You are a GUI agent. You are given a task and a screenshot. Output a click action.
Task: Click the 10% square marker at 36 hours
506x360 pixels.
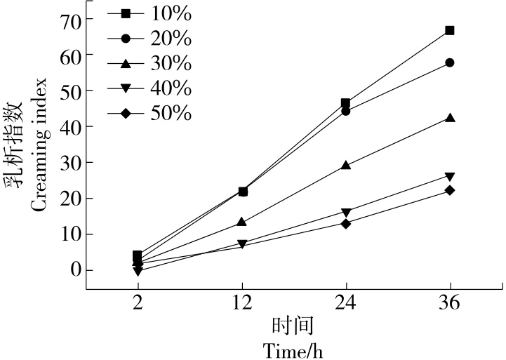450,30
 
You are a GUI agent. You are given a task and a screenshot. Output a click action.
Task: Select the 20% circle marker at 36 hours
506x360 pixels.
450,62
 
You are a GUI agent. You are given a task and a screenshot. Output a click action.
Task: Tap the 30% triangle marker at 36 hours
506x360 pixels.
450,118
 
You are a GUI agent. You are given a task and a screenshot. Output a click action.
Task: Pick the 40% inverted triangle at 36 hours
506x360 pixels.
450,176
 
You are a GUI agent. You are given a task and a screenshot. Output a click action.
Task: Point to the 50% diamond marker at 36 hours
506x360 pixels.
450,190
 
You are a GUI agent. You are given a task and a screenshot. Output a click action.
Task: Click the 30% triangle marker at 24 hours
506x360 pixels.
345,166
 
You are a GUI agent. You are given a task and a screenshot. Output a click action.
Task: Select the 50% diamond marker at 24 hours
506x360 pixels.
345,223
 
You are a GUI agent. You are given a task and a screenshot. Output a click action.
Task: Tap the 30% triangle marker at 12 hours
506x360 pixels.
241,222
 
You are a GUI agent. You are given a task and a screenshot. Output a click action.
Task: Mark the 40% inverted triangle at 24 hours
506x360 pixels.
345,212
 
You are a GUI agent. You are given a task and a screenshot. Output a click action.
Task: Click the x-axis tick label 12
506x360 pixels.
241,303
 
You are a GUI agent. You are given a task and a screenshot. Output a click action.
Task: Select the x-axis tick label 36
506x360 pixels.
450,303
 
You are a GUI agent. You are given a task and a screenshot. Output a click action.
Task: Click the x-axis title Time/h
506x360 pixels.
293,349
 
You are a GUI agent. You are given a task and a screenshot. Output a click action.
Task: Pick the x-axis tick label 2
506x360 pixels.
138,303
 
